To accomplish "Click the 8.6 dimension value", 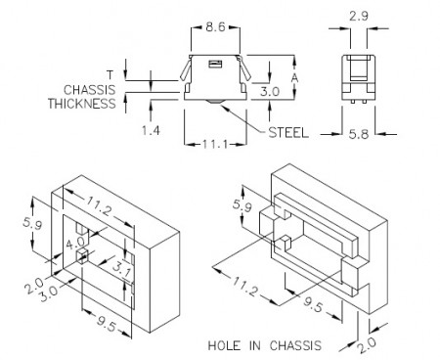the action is (x=215, y=26).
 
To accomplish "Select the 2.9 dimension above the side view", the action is (x=359, y=16).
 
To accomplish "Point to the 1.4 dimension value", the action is (x=151, y=130).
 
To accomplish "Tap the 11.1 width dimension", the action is (x=215, y=144).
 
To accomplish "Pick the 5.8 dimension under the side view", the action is (x=359, y=134).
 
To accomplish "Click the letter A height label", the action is (x=294, y=78).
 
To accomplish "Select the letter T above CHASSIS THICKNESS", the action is (x=110, y=74).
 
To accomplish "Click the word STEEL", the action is (x=288, y=133).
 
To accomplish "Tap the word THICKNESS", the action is (x=82, y=104).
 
